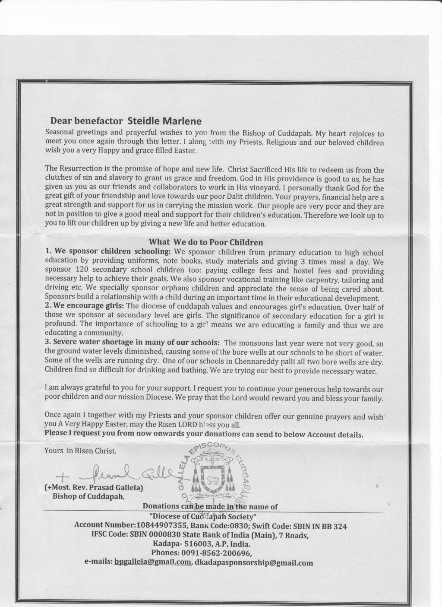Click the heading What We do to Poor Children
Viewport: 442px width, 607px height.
pyautogui.click(x=206, y=242)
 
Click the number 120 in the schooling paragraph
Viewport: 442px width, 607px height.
pyautogui.click(x=81, y=270)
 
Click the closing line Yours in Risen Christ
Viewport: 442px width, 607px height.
pyautogui.click(x=81, y=451)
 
